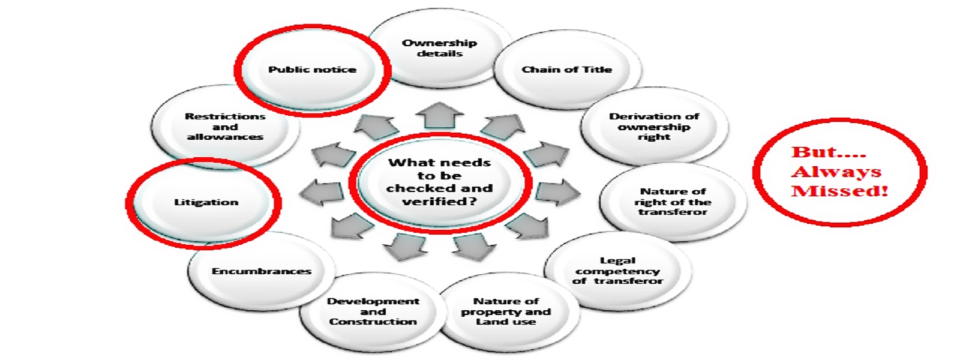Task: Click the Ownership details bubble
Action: [x=440, y=48]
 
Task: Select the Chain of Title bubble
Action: [x=566, y=70]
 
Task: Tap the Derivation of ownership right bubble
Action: [x=654, y=127]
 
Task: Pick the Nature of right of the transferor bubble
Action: [x=673, y=202]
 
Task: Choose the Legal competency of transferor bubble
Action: [x=617, y=271]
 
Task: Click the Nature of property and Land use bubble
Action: [x=506, y=311]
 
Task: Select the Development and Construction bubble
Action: [x=373, y=311]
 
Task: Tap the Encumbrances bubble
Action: [x=262, y=271]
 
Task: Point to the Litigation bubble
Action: [x=206, y=202]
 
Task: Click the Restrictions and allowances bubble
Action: [x=225, y=127]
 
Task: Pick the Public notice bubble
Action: [x=312, y=70]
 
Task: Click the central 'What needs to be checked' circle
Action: [x=440, y=182]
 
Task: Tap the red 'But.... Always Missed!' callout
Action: [x=839, y=172]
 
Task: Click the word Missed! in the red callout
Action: [x=839, y=191]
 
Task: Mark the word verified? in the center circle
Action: [x=440, y=202]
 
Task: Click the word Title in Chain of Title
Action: [x=596, y=70]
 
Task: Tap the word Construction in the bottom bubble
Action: [x=373, y=322]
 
